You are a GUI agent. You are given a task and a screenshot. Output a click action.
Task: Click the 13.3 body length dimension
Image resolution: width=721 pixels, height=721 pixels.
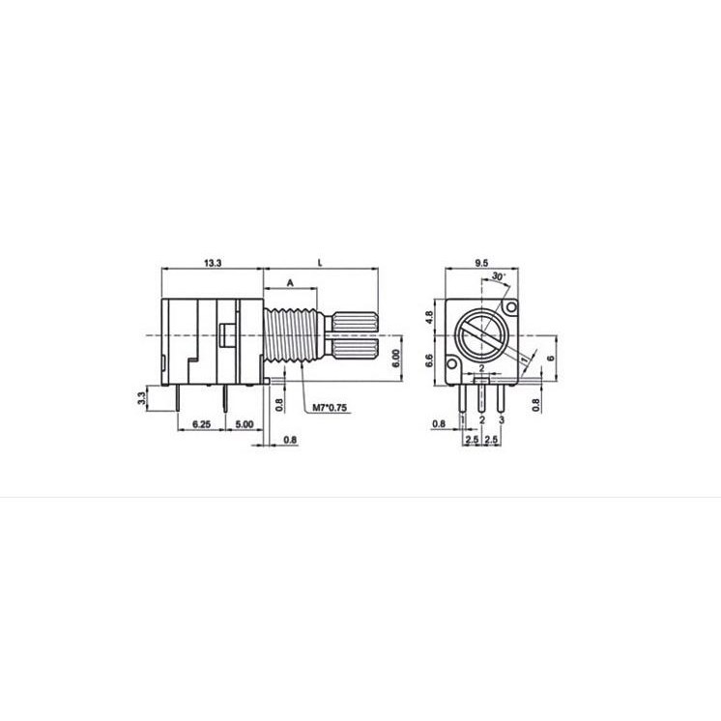[x=213, y=263]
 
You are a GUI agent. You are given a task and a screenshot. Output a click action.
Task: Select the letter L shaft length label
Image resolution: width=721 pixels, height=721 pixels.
[x=321, y=263]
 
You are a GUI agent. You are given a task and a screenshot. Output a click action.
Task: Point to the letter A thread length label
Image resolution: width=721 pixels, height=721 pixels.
[x=290, y=283]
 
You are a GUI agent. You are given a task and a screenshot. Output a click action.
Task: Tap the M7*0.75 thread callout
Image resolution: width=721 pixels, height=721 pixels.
[x=330, y=408]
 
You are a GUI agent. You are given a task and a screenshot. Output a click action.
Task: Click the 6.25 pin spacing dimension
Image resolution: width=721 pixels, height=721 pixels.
[x=201, y=424]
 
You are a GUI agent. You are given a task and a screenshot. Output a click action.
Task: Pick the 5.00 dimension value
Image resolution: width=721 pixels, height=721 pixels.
[x=245, y=424]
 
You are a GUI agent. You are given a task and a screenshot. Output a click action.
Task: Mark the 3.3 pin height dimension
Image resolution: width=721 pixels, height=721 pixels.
[x=142, y=398]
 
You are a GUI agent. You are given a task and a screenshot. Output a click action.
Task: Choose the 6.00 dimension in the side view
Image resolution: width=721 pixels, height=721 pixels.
[x=396, y=359]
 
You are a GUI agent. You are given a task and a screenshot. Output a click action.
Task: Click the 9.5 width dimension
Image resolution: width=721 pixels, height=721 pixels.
[x=481, y=263]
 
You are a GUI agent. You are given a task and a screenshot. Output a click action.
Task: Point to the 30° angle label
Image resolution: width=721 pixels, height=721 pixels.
[x=499, y=276]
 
